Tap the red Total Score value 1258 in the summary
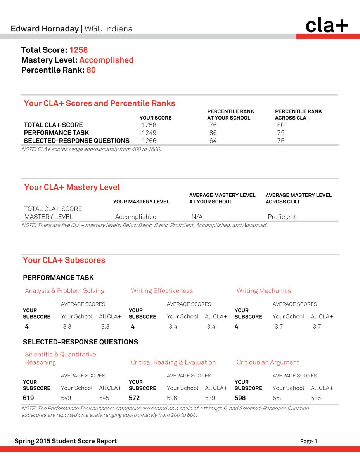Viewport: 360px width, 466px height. [79, 50]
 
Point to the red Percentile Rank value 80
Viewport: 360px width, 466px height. [91, 70]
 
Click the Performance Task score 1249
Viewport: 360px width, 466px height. [149, 133]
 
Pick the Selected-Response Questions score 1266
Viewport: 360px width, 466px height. [149, 141]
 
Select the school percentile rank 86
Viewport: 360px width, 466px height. [213, 133]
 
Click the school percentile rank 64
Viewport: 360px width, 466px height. [213, 141]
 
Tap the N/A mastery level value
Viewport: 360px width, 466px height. [197, 217]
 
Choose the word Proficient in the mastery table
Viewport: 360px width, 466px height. [282, 217]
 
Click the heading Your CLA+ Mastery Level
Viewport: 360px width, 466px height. [72, 187]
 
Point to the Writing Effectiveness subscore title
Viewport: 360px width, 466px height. [162, 291]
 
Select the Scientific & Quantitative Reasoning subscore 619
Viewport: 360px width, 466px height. [28, 398]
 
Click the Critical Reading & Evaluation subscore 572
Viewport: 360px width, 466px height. [134, 398]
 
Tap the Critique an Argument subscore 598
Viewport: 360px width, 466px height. [240, 398]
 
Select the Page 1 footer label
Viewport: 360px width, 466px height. [309, 441]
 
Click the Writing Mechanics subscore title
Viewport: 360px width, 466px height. [264, 291]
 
